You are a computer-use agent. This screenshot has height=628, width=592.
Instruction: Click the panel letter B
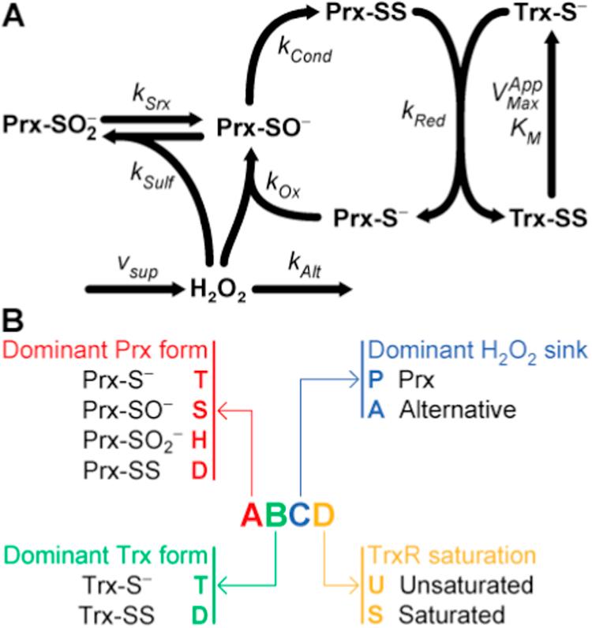pos(13,323)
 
